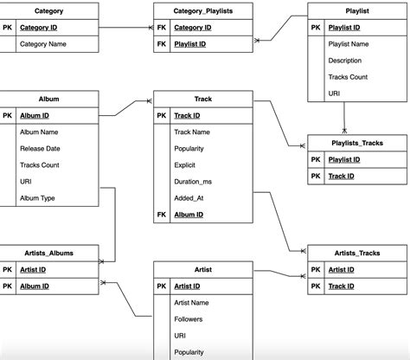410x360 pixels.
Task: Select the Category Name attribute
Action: (x=43, y=43)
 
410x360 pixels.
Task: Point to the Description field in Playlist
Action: (x=345, y=61)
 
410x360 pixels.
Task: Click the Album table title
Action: (x=49, y=99)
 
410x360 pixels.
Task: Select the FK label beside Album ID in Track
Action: (x=161, y=214)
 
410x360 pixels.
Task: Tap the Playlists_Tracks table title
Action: (x=357, y=143)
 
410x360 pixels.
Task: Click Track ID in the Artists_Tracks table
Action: (x=343, y=286)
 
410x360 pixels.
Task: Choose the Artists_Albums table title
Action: (x=49, y=253)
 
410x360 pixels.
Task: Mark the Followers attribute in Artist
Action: (x=190, y=318)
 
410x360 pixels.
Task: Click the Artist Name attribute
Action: (x=192, y=302)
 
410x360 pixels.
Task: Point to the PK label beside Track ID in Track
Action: (x=161, y=115)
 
